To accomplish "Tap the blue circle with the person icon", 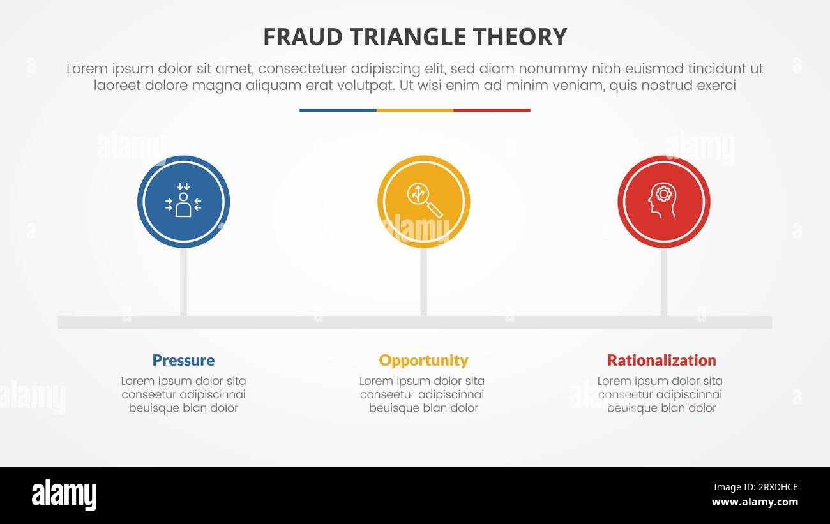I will pyautogui.click(x=183, y=202).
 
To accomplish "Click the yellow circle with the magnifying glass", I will pyautogui.click(x=423, y=202).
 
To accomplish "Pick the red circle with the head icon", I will pyautogui.click(x=663, y=202).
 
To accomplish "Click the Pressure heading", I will pyautogui.click(x=183, y=360).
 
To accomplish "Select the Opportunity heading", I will pyautogui.click(x=423, y=360).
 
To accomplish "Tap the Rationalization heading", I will pyautogui.click(x=661, y=360).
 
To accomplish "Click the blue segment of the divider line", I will pyautogui.click(x=338, y=110).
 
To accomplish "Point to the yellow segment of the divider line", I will pyautogui.click(x=415, y=110).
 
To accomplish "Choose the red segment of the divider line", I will pyautogui.click(x=492, y=110).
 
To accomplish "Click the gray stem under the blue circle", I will pyautogui.click(x=183, y=281).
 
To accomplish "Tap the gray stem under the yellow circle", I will pyautogui.click(x=423, y=281).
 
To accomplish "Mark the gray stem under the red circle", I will pyautogui.click(x=663, y=281).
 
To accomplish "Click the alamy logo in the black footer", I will pyautogui.click(x=64, y=495).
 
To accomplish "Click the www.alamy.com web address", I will pyautogui.click(x=755, y=502).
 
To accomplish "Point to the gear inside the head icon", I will pyautogui.click(x=664, y=193).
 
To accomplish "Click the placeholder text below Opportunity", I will pyautogui.click(x=423, y=394).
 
